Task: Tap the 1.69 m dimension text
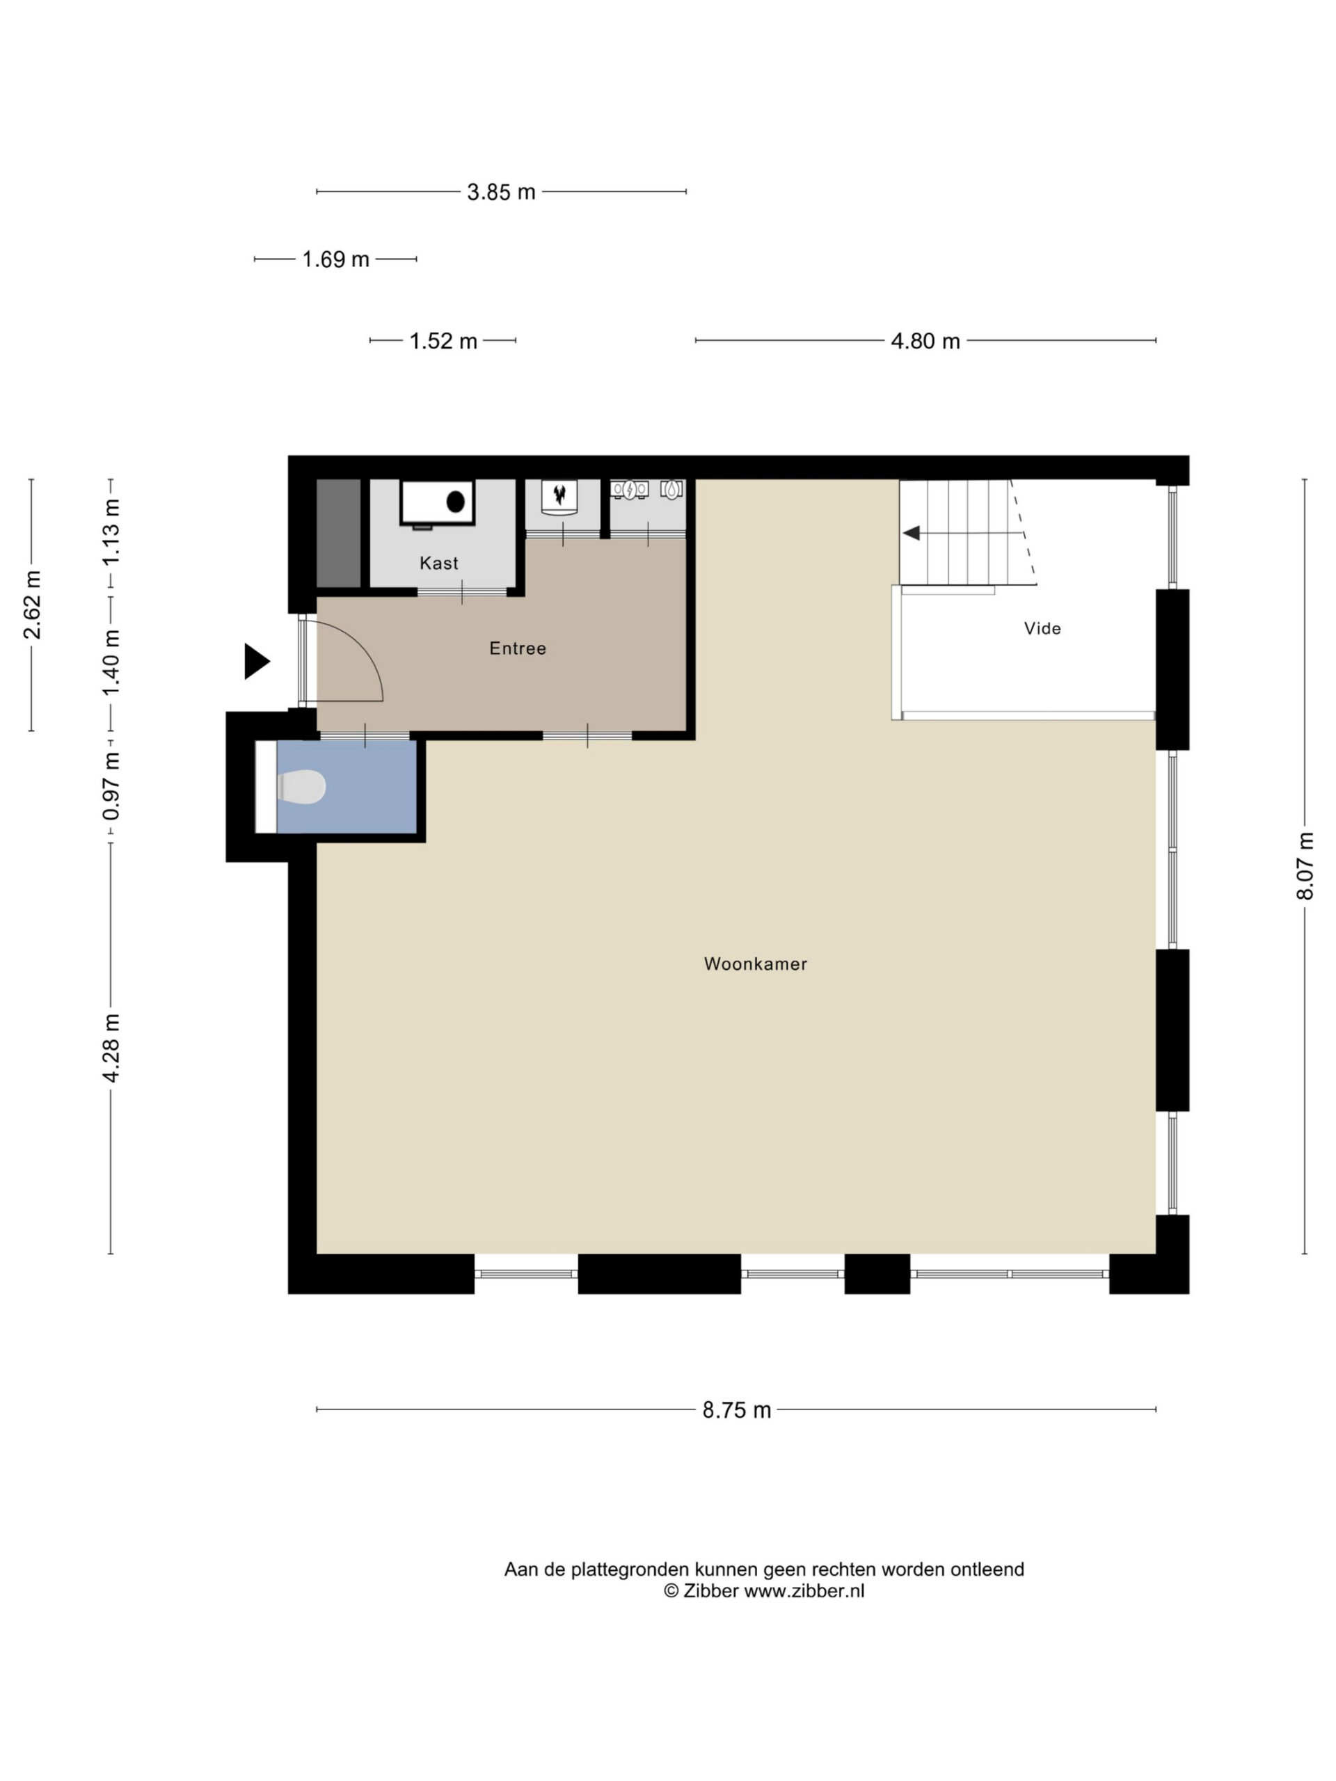tap(336, 259)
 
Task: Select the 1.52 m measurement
tap(443, 341)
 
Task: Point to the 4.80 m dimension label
tap(925, 341)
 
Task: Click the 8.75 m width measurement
tap(736, 1409)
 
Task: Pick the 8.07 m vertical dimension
tap(1305, 866)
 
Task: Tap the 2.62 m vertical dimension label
tap(32, 605)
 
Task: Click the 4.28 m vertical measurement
tap(111, 1048)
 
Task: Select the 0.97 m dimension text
tap(111, 787)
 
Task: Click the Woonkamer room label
tap(756, 964)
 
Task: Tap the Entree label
tap(518, 648)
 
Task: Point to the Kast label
tap(439, 563)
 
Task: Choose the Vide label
tap(1042, 628)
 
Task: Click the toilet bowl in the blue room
tap(302, 787)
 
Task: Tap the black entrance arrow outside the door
tap(257, 662)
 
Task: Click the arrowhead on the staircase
tap(912, 533)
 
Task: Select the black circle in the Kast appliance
tap(456, 502)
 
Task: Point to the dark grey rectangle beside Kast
tap(338, 533)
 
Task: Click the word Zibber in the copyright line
tap(710, 1590)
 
